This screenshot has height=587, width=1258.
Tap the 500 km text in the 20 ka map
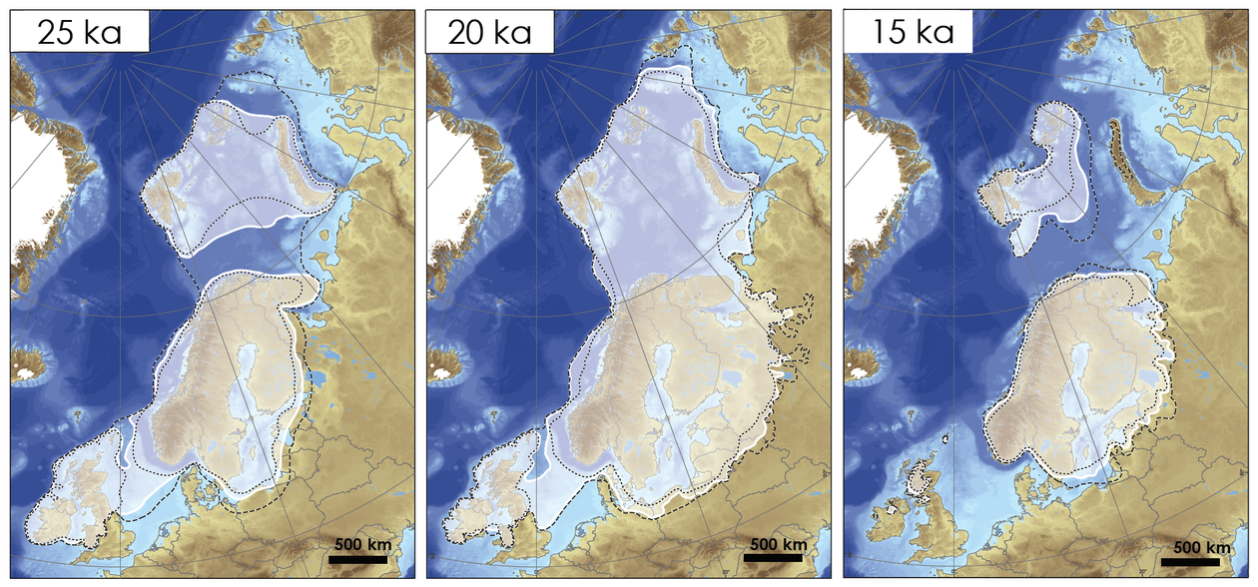(x=779, y=544)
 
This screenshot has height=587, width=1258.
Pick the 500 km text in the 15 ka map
(x=1202, y=547)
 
